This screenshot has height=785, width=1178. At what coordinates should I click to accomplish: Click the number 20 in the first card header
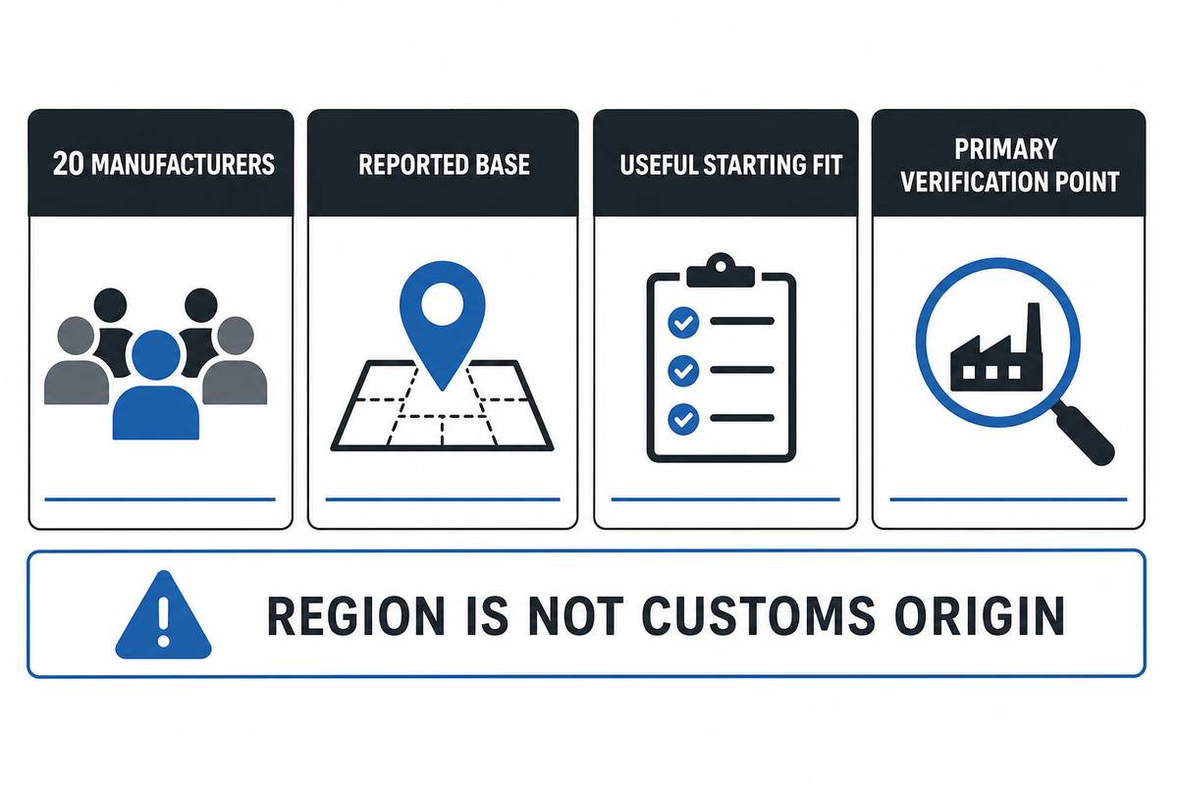pos(68,164)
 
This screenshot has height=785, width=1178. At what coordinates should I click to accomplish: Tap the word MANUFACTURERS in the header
pos(183,164)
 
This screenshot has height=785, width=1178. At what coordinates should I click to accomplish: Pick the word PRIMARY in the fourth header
pos(1005,149)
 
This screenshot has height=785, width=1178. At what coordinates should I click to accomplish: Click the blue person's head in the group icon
pos(156,355)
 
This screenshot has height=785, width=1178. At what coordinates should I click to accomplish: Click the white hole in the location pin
pos(443,304)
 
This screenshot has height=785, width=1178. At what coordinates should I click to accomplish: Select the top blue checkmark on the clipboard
pos(683,322)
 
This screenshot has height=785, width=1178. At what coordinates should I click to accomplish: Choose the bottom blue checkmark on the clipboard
pos(683,419)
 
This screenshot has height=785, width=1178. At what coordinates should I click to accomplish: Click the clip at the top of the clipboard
pos(721,270)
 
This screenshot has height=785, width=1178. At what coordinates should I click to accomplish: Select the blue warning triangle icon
pos(164,615)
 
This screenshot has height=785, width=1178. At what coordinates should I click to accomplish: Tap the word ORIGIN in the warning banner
pos(980,615)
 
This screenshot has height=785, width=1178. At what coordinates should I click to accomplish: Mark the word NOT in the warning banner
pos(576,615)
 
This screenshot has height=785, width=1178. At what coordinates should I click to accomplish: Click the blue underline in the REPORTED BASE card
pos(443,499)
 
